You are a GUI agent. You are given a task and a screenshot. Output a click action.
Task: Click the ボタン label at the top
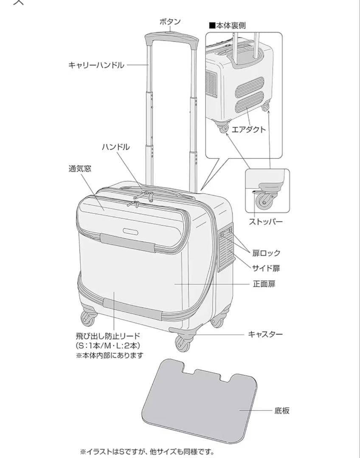click(x=170, y=22)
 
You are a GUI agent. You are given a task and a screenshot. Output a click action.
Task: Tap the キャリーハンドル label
click(x=96, y=65)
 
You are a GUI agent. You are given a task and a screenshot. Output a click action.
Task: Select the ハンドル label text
click(x=115, y=147)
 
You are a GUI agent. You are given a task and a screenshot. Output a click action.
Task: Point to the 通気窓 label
click(x=80, y=168)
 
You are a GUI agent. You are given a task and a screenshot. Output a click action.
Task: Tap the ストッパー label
click(x=265, y=221)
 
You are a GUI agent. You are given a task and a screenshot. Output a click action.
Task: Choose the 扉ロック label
click(x=266, y=253)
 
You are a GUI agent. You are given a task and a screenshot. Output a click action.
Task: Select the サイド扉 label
click(x=266, y=268)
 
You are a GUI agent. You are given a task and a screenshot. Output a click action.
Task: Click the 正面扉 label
click(x=264, y=284)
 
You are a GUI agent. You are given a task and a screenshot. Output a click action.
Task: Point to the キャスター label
click(x=265, y=334)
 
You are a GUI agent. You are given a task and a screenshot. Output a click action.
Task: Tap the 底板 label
click(x=282, y=410)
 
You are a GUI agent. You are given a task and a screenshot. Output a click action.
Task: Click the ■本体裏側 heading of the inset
click(x=227, y=25)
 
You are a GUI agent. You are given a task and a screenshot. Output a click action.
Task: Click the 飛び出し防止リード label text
click(x=108, y=336)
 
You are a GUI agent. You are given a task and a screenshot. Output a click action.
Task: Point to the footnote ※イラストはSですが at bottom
click(x=147, y=451)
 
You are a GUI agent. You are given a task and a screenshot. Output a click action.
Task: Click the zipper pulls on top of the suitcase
click(x=143, y=197)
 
